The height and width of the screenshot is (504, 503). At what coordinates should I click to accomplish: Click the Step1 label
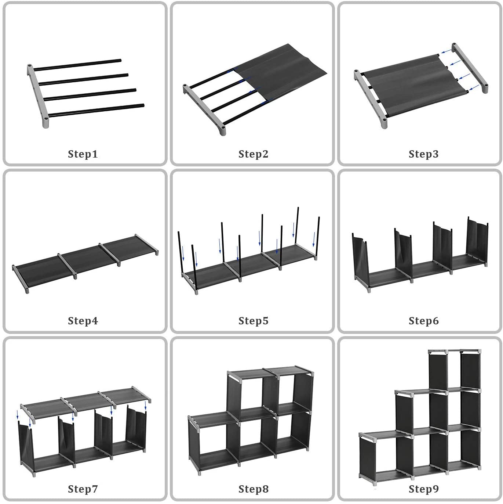(x=83, y=154)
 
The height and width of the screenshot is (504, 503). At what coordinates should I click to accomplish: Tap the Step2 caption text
(x=253, y=154)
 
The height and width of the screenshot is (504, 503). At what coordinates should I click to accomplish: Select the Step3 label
(x=423, y=154)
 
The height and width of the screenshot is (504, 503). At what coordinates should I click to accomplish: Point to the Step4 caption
(x=83, y=321)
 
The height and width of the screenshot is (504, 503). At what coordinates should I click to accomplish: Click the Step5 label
(x=253, y=321)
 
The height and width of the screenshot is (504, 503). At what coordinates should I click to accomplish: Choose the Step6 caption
(x=423, y=321)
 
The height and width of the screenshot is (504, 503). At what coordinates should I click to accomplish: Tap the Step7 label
(x=83, y=489)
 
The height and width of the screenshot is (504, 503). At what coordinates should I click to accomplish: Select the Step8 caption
(x=253, y=489)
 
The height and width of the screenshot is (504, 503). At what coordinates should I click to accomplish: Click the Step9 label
(x=423, y=489)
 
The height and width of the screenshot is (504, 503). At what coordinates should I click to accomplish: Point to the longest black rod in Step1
(x=96, y=110)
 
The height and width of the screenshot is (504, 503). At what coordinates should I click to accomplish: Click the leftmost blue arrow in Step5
(x=183, y=253)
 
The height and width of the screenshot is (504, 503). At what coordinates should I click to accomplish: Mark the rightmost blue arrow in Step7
(x=146, y=406)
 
